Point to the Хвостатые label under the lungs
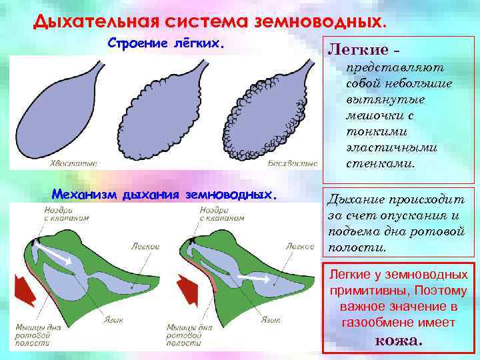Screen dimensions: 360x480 click(x=73, y=163)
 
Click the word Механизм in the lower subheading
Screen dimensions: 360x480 click(x=85, y=195)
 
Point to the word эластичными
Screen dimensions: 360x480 click(x=386, y=147)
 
